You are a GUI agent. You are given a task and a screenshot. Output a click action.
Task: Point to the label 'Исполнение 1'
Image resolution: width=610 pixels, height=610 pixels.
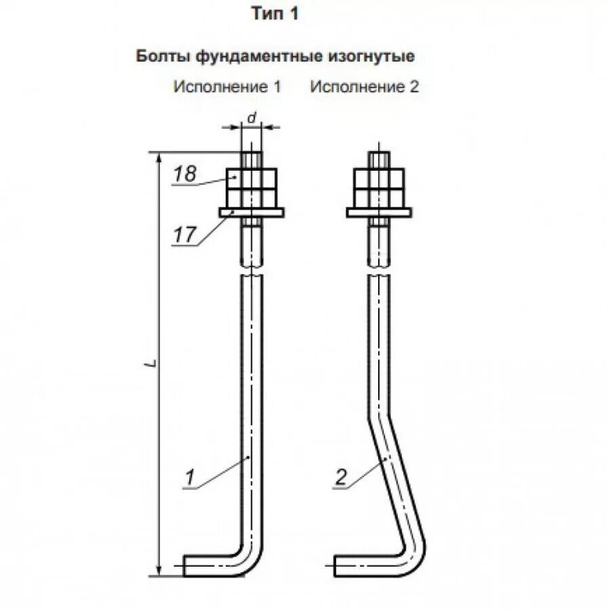click(x=227, y=87)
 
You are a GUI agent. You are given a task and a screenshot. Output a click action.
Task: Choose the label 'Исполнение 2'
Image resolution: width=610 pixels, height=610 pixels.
click(x=365, y=87)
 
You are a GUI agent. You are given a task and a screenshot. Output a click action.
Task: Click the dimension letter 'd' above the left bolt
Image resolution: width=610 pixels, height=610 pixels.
click(x=251, y=118)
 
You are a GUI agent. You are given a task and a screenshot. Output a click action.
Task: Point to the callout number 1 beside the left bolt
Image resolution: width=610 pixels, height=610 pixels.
click(x=191, y=479)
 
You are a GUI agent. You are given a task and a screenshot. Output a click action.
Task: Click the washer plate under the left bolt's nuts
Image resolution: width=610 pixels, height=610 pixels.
click(x=251, y=213)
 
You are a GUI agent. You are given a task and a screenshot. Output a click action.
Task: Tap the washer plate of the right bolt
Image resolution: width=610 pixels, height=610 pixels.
click(x=378, y=213)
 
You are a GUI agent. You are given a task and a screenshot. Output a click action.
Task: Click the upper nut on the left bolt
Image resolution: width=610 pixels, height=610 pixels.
click(x=251, y=178)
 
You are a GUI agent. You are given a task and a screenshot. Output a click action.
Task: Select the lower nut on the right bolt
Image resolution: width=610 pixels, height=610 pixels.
click(x=378, y=197)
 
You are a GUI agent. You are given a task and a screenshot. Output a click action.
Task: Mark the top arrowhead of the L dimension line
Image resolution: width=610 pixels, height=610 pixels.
click(x=160, y=157)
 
